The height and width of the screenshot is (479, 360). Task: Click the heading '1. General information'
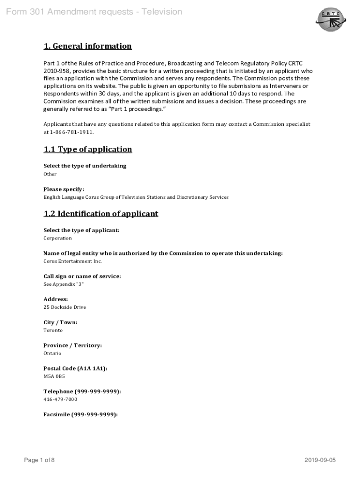tap(87, 46)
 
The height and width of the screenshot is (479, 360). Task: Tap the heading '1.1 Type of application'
tap(87, 149)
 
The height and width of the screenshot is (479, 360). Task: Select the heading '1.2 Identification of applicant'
tap(101, 214)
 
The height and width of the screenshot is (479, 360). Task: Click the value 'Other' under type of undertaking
tap(50, 174)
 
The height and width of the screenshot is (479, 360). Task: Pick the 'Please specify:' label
tap(64, 189)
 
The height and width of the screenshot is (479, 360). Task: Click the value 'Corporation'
tap(58, 238)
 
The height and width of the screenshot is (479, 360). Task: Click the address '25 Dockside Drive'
tap(65, 307)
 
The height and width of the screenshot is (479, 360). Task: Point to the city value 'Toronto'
tap(53, 330)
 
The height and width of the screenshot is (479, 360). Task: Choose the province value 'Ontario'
tap(52, 353)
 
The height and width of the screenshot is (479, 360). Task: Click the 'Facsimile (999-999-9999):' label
tap(80, 414)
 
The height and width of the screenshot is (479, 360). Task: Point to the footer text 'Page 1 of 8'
tap(39, 460)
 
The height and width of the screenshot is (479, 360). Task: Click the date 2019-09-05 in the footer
tap(320, 460)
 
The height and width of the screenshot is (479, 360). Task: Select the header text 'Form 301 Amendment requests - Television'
tap(94, 12)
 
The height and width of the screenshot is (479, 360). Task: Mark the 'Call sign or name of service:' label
tap(82, 276)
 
